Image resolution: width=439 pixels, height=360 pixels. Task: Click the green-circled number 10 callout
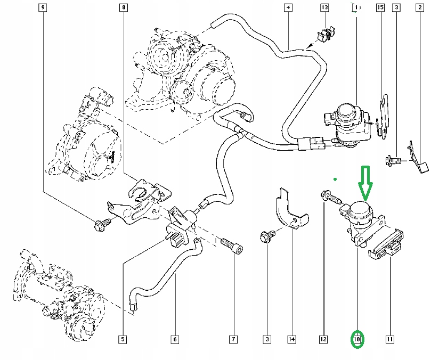[x=357, y=339]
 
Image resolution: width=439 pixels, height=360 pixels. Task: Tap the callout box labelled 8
[x=124, y=7]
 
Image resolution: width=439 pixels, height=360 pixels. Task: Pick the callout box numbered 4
[x=288, y=7]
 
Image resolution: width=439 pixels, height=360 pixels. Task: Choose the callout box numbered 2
[x=420, y=7]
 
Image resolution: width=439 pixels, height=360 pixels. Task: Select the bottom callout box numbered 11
[x=389, y=339]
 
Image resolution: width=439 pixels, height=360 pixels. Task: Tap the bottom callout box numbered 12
[x=323, y=339]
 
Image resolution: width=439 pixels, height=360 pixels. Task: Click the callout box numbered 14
[x=291, y=339]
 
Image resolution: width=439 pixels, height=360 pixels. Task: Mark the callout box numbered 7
[x=233, y=339]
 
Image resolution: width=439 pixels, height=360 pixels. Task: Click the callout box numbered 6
[x=174, y=339]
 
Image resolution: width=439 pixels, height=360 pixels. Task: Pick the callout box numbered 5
[x=122, y=339]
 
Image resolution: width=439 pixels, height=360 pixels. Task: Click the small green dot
[x=335, y=179]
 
